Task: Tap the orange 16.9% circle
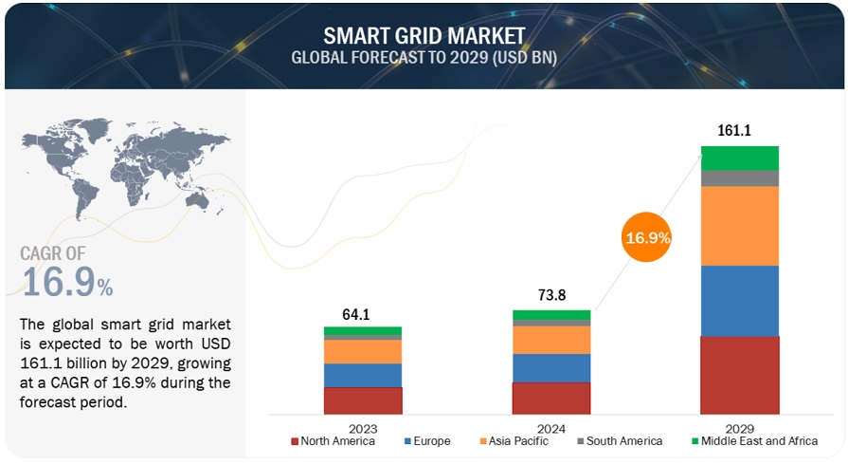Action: point(646,238)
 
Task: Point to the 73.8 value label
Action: point(550,295)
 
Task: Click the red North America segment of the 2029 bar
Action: point(739,375)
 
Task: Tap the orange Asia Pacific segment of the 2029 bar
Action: point(739,226)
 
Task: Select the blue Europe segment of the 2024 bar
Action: point(550,368)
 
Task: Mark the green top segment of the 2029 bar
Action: point(739,158)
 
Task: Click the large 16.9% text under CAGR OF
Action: point(66,282)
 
